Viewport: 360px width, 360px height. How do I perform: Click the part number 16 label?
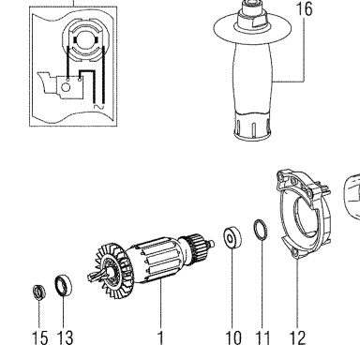304,8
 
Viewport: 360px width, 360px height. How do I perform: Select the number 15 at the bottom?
40,337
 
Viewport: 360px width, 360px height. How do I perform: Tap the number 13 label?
65,337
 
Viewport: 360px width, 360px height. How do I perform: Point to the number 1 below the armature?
160,337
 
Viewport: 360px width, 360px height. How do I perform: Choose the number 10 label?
233,337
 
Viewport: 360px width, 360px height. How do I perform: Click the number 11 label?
262,337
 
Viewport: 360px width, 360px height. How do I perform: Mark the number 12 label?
297,337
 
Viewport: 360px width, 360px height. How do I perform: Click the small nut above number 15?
39,292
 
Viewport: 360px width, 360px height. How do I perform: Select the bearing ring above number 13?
63,285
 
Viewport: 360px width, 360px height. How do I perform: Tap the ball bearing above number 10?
232,238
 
